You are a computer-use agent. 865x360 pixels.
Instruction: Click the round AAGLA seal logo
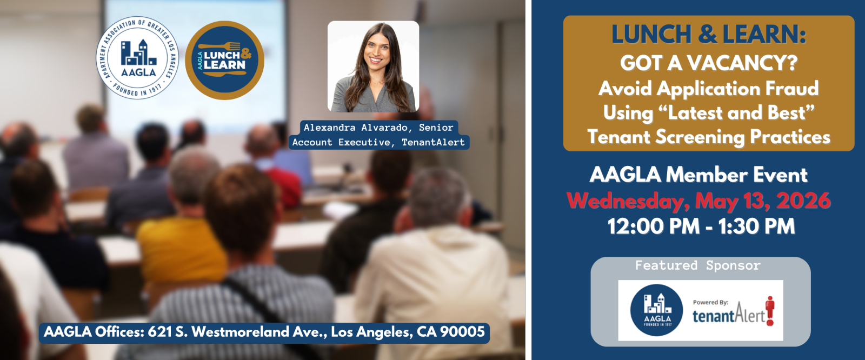click(137, 58)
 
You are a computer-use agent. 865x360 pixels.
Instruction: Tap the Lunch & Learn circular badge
click(224, 60)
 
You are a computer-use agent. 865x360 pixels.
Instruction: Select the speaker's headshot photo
click(373, 66)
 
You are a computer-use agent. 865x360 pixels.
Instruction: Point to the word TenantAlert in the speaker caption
click(433, 143)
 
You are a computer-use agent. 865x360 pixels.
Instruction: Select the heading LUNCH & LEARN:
click(709, 35)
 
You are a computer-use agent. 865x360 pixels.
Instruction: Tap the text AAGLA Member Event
click(698, 175)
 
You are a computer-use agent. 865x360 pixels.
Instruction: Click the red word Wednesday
click(628, 201)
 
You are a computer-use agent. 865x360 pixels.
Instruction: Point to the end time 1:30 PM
click(756, 226)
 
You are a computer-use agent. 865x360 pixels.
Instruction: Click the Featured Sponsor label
click(698, 266)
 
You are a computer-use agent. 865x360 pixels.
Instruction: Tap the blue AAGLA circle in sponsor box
click(656, 310)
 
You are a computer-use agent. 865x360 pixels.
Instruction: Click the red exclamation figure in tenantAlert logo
click(770, 311)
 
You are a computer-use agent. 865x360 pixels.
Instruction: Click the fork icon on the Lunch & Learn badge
click(219, 46)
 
